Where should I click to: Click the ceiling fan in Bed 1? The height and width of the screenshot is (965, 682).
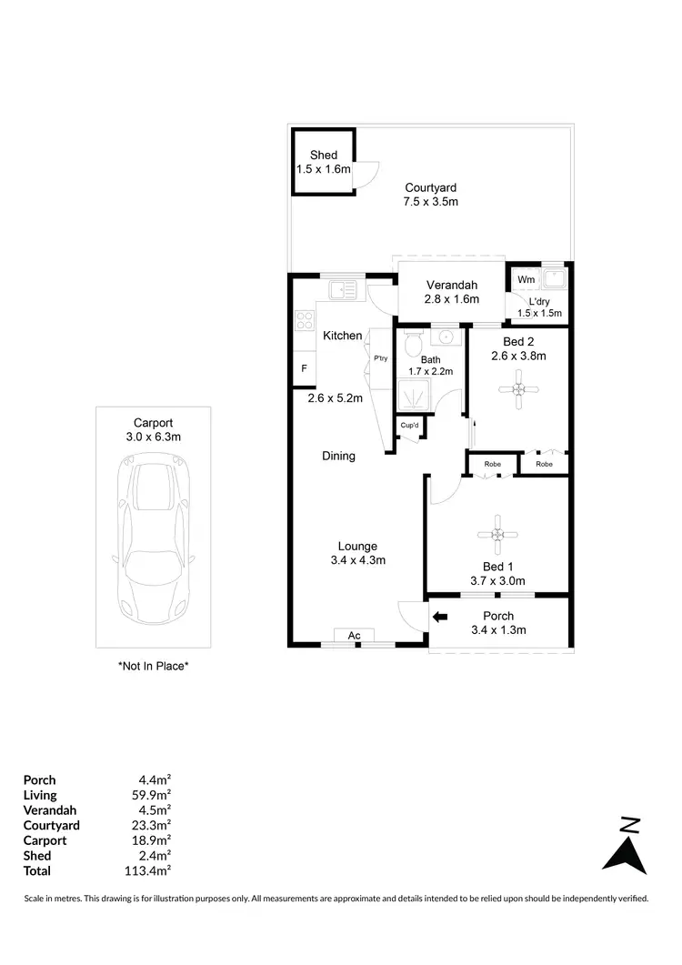tap(497, 535)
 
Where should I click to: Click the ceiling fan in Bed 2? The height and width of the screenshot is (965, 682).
tap(517, 389)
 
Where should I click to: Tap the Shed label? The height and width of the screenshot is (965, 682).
tap(323, 156)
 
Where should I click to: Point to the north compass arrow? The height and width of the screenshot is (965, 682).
tap(625, 847)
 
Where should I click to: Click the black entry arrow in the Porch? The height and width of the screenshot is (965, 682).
tap(440, 618)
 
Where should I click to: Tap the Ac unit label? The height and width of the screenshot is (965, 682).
tap(356, 635)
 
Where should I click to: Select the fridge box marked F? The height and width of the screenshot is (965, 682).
tap(304, 368)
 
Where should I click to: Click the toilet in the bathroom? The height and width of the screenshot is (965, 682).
tap(414, 343)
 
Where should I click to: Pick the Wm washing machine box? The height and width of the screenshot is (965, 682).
tap(527, 279)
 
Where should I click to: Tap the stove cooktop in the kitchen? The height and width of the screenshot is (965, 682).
tap(304, 320)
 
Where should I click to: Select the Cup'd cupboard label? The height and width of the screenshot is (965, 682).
tap(408, 427)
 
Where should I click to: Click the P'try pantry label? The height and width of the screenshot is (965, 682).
tap(380, 358)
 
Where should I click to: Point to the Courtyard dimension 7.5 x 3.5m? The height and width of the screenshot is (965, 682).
tap(431, 201)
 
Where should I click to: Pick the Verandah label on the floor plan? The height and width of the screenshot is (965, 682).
tap(452, 285)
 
